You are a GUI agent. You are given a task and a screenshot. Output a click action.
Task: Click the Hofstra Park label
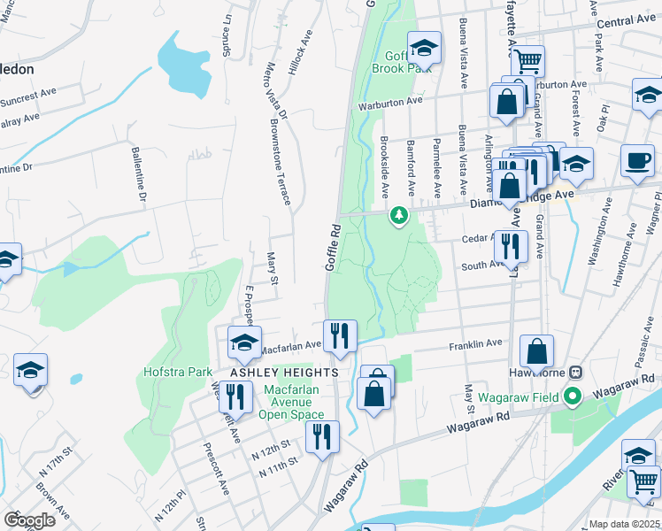point(177,373)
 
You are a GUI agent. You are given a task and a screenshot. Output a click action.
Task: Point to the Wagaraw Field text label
point(519,397)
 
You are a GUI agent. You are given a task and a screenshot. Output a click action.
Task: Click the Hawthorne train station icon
point(574,373)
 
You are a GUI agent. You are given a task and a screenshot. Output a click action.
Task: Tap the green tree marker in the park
point(400,215)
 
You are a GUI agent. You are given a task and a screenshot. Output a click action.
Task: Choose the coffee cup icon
point(637,161)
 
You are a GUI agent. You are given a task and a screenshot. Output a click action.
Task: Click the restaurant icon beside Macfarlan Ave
point(340,335)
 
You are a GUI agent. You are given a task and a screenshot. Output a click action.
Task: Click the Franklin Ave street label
point(475,343)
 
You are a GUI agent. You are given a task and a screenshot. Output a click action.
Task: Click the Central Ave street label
point(627,20)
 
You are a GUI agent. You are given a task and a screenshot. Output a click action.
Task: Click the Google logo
point(30,520)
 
